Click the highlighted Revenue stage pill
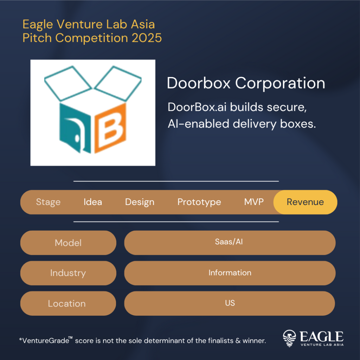click(305, 202)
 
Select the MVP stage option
click(254, 202)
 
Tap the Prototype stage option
click(199, 202)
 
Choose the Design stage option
click(140, 202)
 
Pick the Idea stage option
click(93, 202)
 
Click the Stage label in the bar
click(48, 202)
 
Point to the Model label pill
click(68, 243)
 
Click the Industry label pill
click(68, 273)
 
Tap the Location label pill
click(67, 303)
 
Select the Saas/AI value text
click(229, 242)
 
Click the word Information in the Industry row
click(230, 273)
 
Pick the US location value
click(230, 303)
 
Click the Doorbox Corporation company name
click(246, 83)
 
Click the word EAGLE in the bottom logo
click(321, 336)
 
